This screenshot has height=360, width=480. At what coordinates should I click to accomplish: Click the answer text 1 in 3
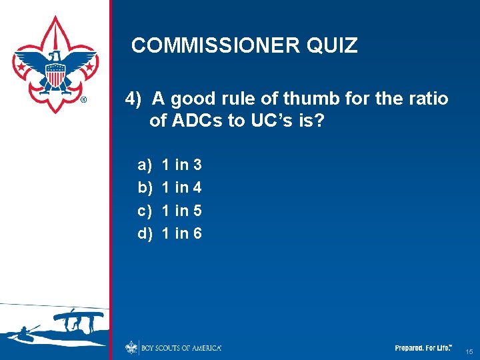tap(182, 165)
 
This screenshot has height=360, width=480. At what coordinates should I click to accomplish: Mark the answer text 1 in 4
tap(182, 188)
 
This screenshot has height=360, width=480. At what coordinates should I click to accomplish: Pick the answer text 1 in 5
tap(182, 211)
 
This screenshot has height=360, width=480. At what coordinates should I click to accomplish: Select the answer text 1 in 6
tap(182, 234)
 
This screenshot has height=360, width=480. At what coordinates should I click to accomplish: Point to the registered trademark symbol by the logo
tap(83, 101)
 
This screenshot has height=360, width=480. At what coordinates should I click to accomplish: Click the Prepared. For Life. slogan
tap(423, 348)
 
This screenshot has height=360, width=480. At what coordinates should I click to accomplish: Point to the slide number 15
tap(469, 351)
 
